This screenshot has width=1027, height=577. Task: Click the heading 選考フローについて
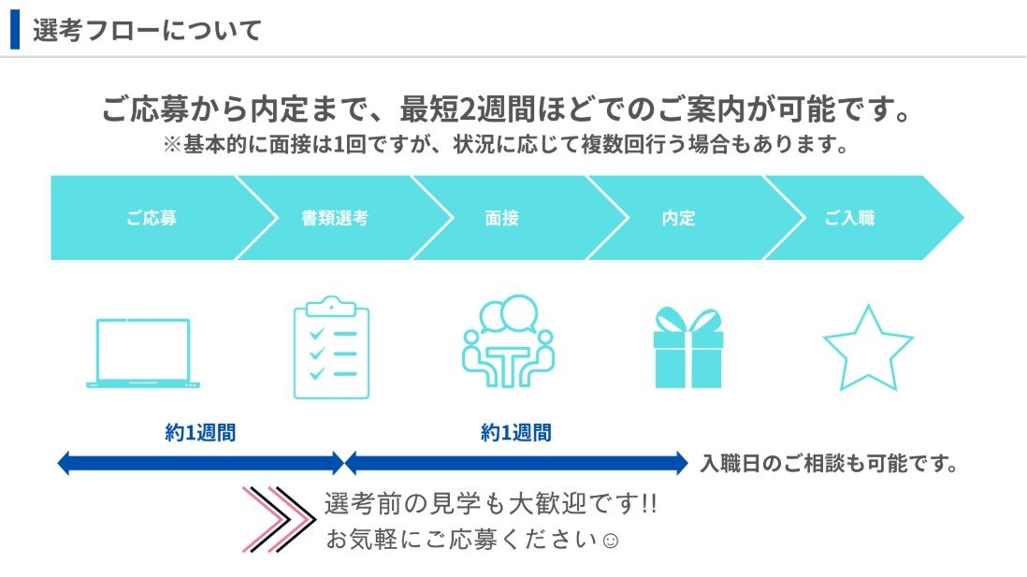click(x=148, y=30)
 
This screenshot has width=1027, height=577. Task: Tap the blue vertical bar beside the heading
click(x=15, y=30)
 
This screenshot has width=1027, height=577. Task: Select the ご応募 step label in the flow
click(x=152, y=218)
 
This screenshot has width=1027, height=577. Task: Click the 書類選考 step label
click(x=335, y=218)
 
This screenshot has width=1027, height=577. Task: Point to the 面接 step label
click(x=501, y=218)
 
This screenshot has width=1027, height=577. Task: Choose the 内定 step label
click(x=678, y=218)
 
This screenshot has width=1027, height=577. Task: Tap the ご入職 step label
click(x=849, y=218)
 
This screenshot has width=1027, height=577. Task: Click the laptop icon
click(x=143, y=353)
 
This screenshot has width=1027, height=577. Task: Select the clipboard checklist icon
click(x=331, y=348)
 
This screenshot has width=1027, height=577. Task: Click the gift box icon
click(x=688, y=348)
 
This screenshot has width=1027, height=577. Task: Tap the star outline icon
click(x=868, y=348)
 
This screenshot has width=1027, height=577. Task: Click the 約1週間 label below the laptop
click(x=200, y=432)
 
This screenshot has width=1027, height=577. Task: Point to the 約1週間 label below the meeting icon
click(x=516, y=432)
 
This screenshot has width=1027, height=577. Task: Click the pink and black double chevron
click(x=279, y=519)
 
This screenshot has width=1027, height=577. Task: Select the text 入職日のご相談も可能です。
click(x=830, y=464)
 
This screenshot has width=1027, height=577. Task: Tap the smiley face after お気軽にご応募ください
click(x=611, y=541)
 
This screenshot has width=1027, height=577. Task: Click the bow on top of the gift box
click(x=688, y=320)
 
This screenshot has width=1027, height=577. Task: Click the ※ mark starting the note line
click(x=171, y=144)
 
